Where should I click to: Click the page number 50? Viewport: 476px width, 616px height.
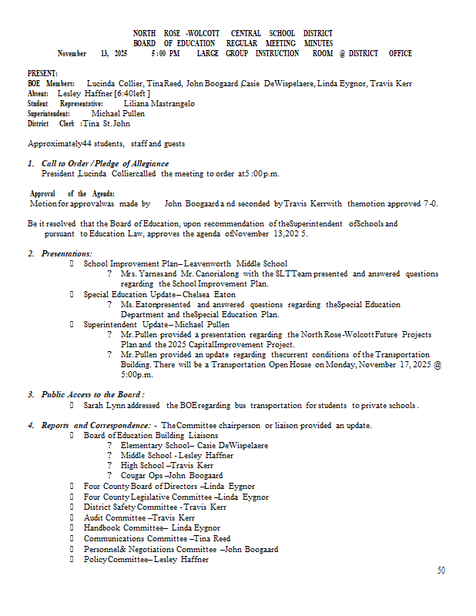(x=441, y=571)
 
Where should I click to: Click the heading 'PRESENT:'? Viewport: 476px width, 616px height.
(x=42, y=72)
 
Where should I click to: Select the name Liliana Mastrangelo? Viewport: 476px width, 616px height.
(x=159, y=102)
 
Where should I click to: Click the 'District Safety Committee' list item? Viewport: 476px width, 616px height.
(x=154, y=507)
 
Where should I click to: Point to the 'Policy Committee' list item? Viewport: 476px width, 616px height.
(x=146, y=559)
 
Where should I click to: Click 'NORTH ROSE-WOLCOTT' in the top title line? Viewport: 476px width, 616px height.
(x=177, y=33)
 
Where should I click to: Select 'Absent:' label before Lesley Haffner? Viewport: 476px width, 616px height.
(x=39, y=92)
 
